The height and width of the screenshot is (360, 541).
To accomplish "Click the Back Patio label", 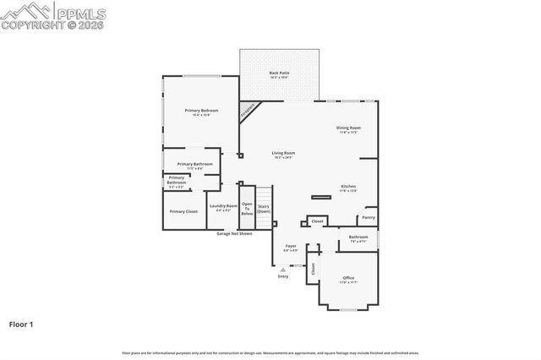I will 279,74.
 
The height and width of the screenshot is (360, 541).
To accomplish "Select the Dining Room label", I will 349,128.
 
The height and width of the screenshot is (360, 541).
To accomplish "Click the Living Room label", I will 283,154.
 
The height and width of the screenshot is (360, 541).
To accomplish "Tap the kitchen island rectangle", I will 321,197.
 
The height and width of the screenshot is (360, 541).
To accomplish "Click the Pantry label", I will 369,217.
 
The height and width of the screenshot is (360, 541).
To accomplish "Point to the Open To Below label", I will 247,208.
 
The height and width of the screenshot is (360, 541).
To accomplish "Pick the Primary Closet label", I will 183,211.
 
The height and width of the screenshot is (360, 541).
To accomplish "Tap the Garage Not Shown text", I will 234,233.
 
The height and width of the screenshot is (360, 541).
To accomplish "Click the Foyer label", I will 290,248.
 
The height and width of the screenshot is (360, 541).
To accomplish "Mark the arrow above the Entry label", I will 283,270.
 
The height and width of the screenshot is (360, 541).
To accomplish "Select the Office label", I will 348,279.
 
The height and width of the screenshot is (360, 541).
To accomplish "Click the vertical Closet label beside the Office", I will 312,268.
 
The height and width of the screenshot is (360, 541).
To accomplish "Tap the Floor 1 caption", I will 22,324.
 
